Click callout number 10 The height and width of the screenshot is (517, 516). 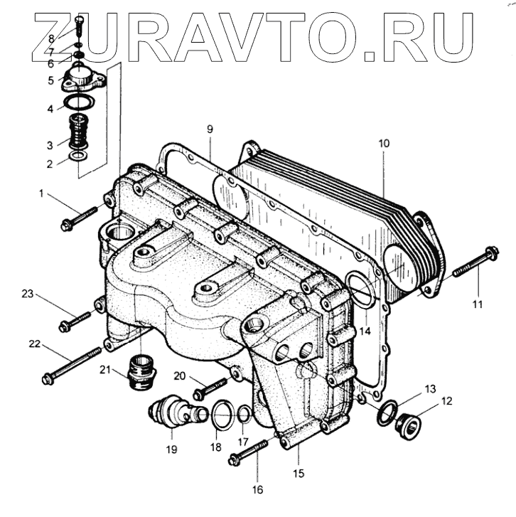pyautogui.click(x=383, y=144)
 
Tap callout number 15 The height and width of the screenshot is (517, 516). pyautogui.click(x=299, y=473)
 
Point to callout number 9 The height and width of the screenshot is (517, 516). pyautogui.click(x=210, y=129)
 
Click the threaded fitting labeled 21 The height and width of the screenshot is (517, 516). pyautogui.click(x=139, y=371)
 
